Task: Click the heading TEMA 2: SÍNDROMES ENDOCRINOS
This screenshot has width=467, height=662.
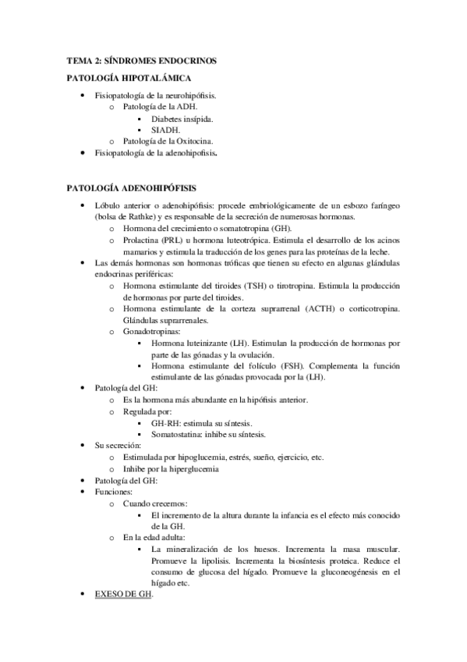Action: [x=140, y=60]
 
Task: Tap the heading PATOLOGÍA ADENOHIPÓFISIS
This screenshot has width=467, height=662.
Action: [x=132, y=188]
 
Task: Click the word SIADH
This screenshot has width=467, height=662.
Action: [x=166, y=130]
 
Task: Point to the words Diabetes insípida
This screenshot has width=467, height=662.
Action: [x=182, y=119]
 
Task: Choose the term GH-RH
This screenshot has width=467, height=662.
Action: [x=166, y=423]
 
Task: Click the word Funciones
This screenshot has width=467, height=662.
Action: [x=114, y=493]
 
